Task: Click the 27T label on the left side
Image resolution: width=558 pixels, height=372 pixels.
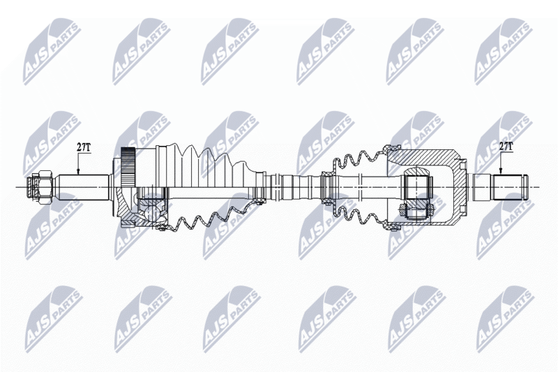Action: click(83, 147)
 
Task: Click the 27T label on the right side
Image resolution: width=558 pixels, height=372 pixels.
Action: click(506, 147)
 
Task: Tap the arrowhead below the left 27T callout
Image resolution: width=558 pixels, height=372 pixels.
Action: click(79, 171)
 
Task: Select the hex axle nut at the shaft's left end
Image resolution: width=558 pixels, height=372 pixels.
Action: click(40, 187)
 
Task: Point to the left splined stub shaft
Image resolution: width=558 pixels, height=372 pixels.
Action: click(83, 187)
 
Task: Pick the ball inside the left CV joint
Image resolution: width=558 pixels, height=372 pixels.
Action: click(152, 211)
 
